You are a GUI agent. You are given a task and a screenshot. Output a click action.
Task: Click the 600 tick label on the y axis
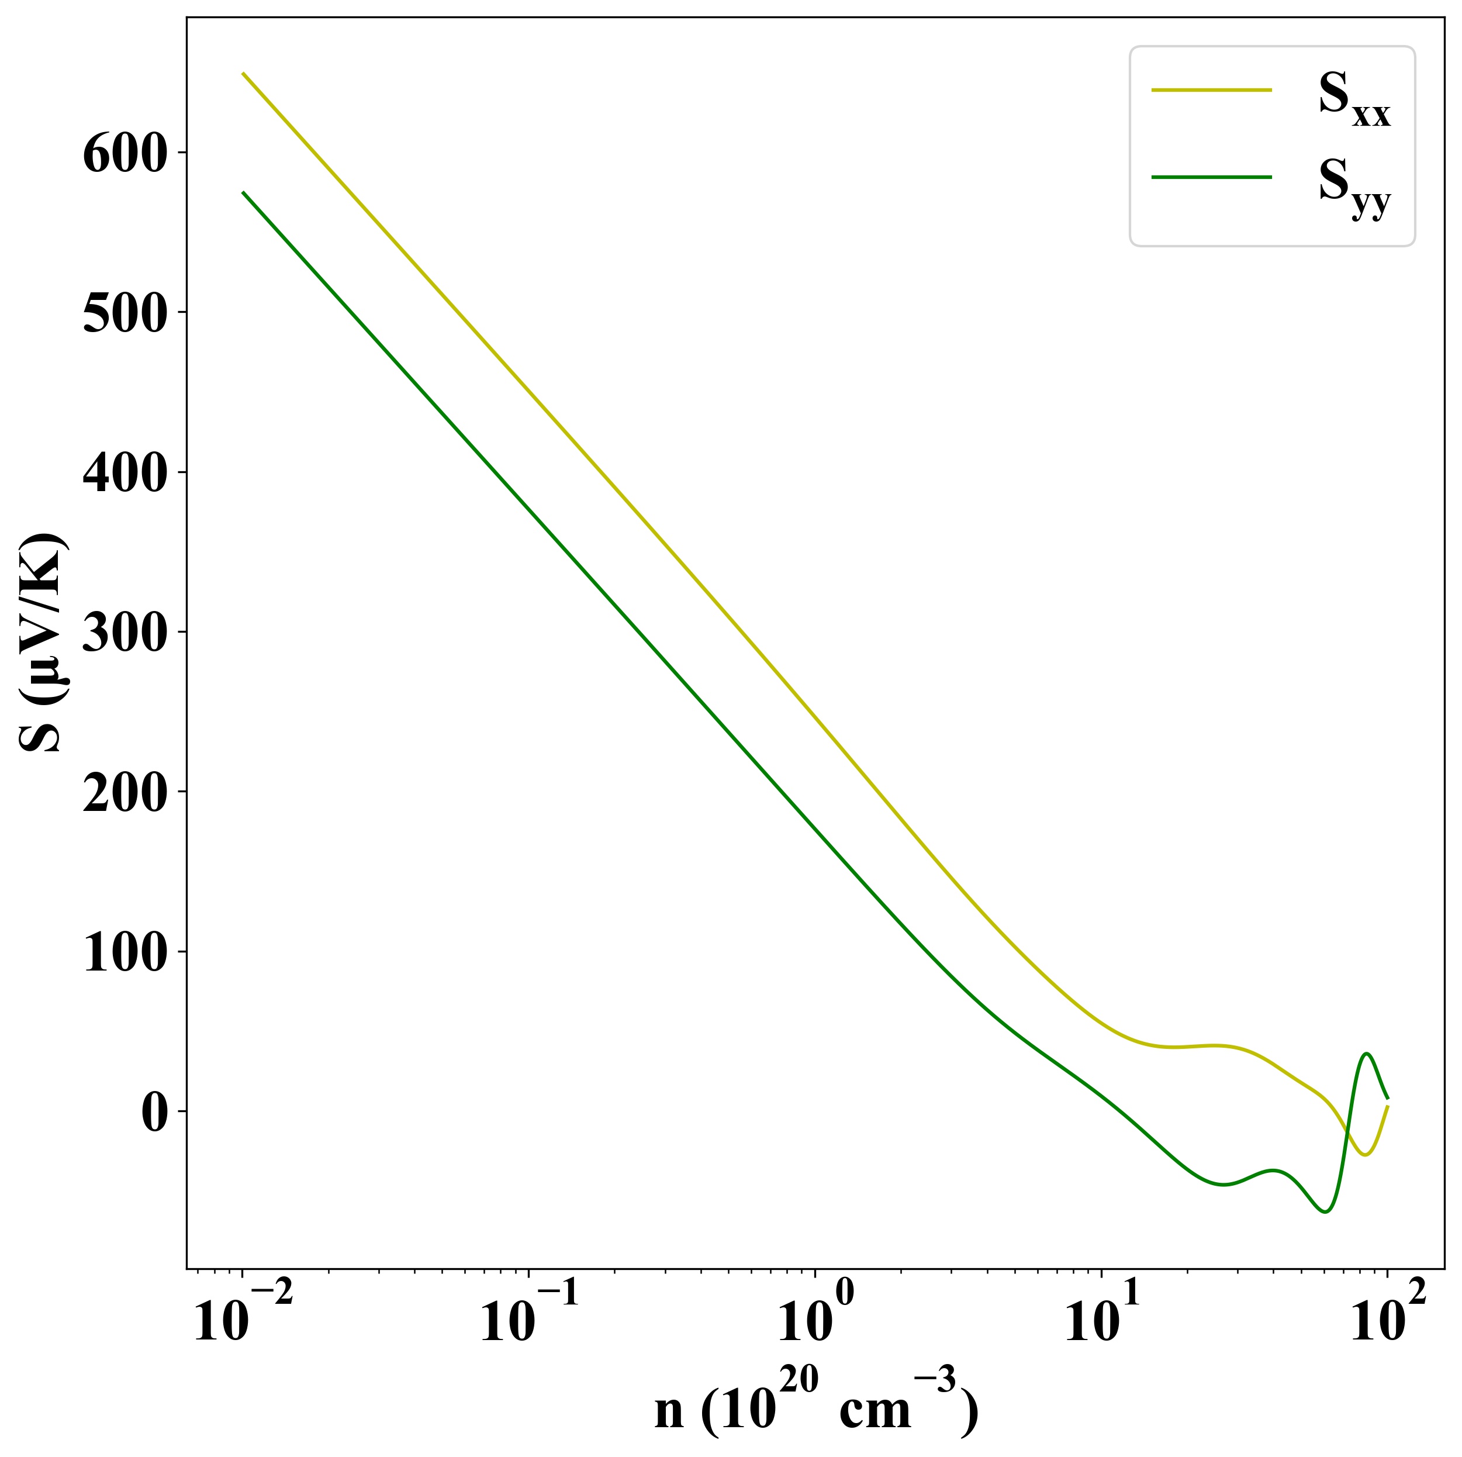(x=124, y=154)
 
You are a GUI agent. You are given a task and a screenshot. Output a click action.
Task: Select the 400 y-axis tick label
(x=124, y=475)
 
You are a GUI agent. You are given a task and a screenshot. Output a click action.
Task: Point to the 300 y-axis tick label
(x=124, y=634)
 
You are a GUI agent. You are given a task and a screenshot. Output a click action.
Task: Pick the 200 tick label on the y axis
(x=124, y=795)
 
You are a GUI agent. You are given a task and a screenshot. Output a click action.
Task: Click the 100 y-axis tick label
(x=124, y=954)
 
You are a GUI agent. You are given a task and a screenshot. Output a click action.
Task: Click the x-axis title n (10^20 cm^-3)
(x=815, y=1406)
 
